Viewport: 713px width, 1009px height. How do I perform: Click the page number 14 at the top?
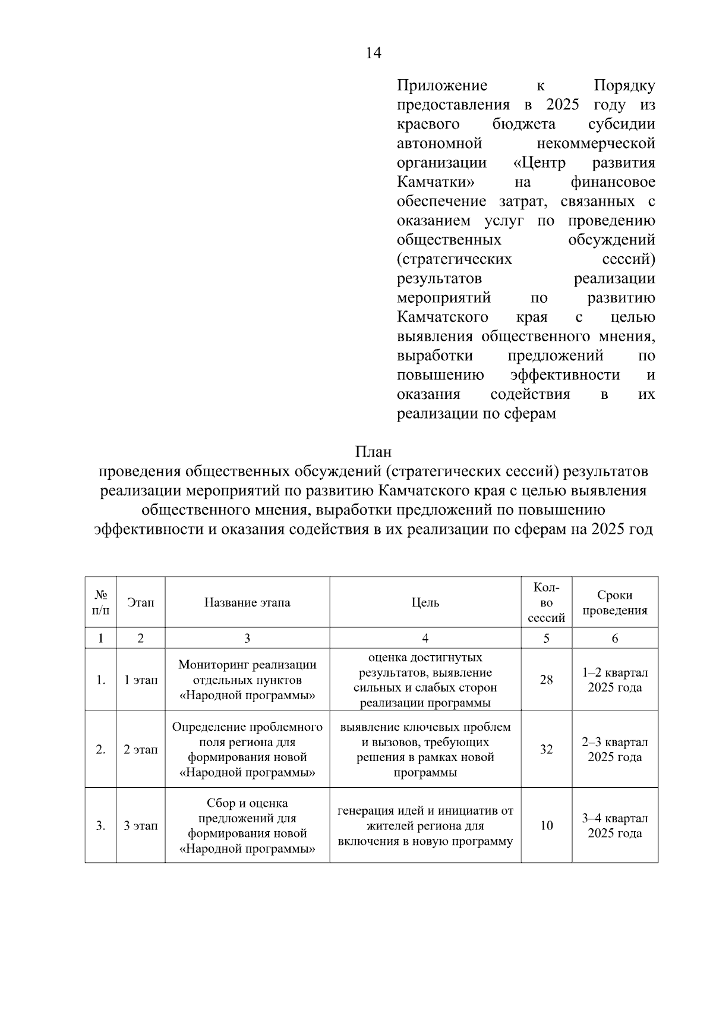tap(373, 54)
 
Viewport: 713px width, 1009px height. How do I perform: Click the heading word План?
tap(373, 451)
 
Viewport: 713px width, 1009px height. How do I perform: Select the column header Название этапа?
tap(247, 602)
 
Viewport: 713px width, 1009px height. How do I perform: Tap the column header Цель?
tap(425, 602)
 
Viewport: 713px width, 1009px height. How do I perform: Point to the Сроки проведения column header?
tap(614, 602)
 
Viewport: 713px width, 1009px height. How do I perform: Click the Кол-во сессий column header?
tap(546, 602)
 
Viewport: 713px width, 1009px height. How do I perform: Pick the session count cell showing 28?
tap(546, 680)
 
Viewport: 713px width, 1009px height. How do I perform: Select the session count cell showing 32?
tap(546, 749)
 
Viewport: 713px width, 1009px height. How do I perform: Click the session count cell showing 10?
tap(546, 825)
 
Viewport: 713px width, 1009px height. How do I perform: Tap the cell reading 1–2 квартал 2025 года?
tap(614, 680)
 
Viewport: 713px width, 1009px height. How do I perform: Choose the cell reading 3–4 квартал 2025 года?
tap(614, 825)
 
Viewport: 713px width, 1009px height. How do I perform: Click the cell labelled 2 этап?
tap(141, 749)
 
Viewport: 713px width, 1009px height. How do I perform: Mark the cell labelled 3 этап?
tap(141, 825)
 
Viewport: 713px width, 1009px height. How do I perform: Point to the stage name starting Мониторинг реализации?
tap(247, 680)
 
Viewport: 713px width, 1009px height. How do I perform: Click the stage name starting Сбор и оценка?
tap(247, 825)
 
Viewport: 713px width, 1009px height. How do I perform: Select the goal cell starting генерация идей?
tap(425, 825)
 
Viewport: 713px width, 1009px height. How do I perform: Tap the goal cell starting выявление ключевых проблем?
tap(425, 749)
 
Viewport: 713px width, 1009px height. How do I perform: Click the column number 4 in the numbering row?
tap(425, 638)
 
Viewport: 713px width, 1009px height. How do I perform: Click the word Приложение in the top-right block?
tap(441, 86)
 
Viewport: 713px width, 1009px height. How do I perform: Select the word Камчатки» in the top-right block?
tap(436, 182)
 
